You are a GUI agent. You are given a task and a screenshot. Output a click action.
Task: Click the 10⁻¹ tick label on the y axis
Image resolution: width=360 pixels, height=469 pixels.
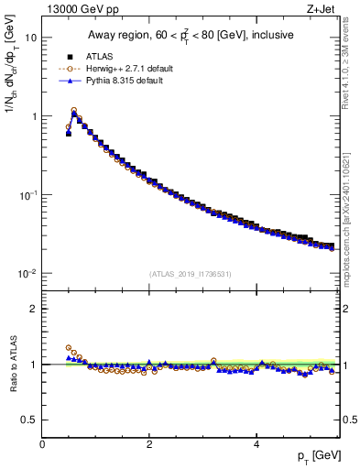click(27, 195)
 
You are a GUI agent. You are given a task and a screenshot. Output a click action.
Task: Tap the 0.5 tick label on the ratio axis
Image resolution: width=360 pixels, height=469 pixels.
click(28, 420)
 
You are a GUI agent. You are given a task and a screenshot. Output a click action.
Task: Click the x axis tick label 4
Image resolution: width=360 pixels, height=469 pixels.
click(256, 444)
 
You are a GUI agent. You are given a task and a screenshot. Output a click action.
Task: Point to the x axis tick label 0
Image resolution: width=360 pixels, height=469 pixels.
click(42, 444)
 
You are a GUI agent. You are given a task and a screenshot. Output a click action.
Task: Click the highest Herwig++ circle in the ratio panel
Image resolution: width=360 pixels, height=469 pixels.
click(69, 348)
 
